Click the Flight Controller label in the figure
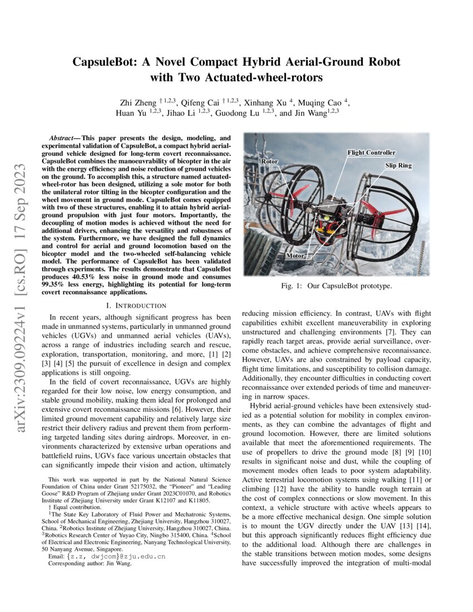point(371,152)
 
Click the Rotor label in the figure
point(269,161)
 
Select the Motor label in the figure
point(295,256)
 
